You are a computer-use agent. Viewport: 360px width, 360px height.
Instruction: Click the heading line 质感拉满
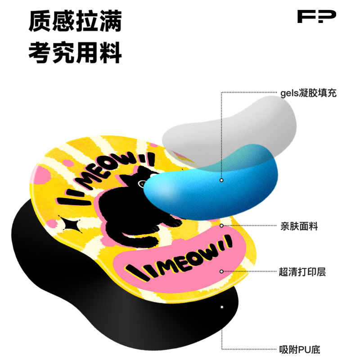(x=75, y=21)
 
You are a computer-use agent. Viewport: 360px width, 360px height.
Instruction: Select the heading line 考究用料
(x=75, y=53)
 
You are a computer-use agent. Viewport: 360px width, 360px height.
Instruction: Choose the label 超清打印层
(x=302, y=272)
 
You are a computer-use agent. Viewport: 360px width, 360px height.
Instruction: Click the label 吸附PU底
(x=299, y=350)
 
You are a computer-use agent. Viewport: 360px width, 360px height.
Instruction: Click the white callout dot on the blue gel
(x=221, y=180)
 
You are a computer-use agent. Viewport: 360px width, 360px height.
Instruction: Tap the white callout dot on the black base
(x=221, y=307)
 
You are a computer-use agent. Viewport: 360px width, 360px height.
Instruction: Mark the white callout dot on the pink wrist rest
(x=221, y=271)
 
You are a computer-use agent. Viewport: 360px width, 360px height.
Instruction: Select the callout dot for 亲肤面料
(x=221, y=225)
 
